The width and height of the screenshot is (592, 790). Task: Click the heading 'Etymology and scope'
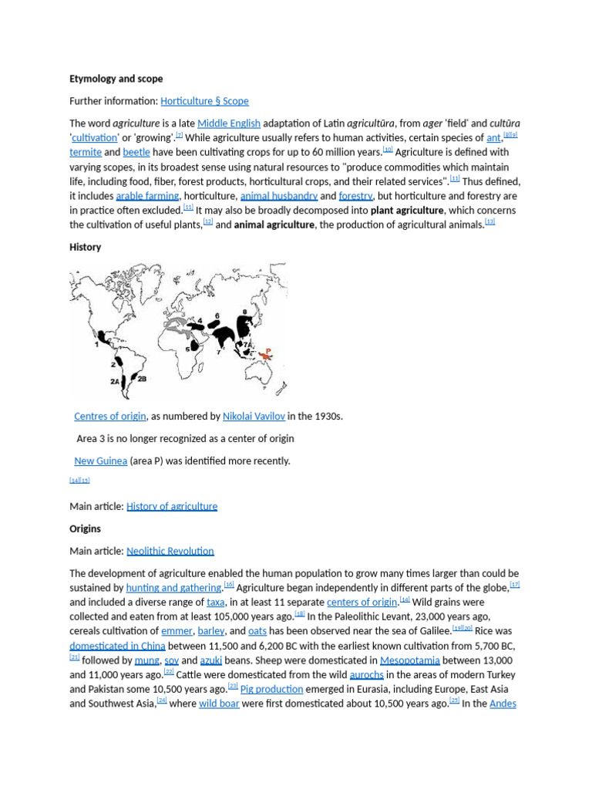(116, 79)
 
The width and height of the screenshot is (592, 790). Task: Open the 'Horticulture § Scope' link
(204, 101)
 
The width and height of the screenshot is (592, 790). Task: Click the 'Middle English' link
(229, 123)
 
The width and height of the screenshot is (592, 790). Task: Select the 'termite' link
(86, 152)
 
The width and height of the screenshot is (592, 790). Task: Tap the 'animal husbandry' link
(279, 196)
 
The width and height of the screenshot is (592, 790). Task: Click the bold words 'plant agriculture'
(407, 210)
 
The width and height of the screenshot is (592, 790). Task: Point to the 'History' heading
(86, 247)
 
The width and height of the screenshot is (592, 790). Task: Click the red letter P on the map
(267, 350)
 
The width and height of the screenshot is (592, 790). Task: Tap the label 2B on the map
(142, 379)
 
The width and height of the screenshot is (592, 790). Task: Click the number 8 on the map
(244, 312)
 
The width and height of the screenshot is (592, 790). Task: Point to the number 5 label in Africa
(188, 349)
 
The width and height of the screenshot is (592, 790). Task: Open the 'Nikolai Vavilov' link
(254, 416)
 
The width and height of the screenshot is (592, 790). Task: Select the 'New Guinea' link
(100, 461)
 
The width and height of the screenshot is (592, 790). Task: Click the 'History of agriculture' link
(172, 506)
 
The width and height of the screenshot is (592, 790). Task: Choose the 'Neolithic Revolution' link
(170, 551)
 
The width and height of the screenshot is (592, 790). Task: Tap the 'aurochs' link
(366, 674)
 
